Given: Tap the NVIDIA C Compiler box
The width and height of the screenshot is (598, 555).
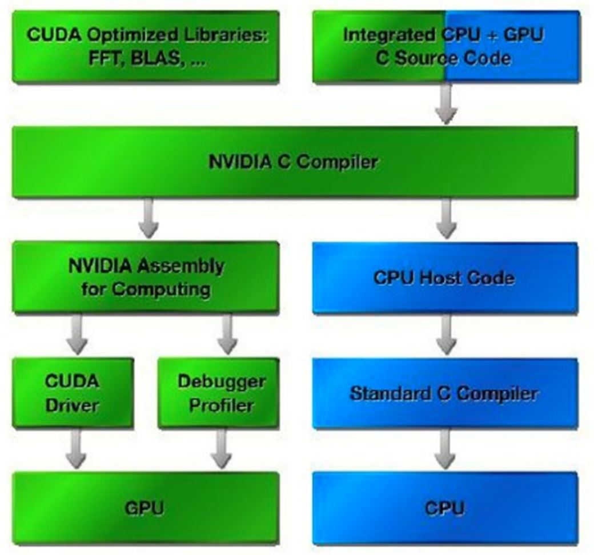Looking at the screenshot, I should click(x=294, y=162).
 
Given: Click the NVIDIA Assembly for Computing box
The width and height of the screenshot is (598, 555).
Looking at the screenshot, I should click(x=146, y=277).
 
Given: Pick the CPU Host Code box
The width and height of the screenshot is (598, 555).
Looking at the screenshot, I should click(x=444, y=278).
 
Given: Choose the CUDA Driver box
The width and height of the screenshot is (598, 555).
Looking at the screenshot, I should click(x=73, y=393).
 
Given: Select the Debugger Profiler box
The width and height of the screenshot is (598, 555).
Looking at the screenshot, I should click(x=219, y=393).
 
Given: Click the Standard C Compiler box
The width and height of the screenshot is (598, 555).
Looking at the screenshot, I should click(x=444, y=393).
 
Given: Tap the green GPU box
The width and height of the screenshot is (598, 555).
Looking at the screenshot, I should click(x=146, y=507).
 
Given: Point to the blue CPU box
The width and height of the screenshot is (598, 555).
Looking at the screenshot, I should click(x=444, y=508).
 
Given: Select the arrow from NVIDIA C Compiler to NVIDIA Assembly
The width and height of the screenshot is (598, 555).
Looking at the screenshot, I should click(x=149, y=219).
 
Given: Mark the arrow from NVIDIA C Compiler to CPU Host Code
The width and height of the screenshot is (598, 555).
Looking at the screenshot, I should click(x=446, y=219).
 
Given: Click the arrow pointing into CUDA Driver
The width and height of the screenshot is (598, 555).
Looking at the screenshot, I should click(x=77, y=335).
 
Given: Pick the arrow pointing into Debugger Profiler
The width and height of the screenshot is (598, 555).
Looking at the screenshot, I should click(x=227, y=335).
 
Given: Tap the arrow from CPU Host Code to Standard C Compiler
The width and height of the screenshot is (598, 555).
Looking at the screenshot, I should click(x=446, y=335).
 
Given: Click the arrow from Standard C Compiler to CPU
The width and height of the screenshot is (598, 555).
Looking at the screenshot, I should click(x=445, y=450).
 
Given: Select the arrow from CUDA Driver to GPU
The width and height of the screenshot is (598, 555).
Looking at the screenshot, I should click(x=75, y=449).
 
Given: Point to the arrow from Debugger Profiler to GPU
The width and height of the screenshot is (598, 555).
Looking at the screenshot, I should click(x=221, y=449).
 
